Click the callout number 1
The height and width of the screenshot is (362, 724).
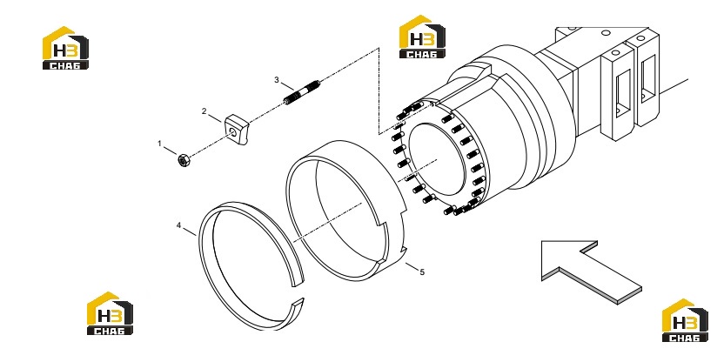click(x=160, y=144)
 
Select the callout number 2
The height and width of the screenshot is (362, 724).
click(x=204, y=111)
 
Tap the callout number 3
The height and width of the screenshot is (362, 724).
click(x=277, y=80)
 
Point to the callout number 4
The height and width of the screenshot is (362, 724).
click(x=178, y=225)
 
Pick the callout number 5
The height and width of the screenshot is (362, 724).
click(x=422, y=272)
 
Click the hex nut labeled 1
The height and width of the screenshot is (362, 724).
click(x=184, y=161)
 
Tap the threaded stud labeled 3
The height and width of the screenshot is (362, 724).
click(x=301, y=92)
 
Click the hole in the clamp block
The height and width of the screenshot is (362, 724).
click(x=233, y=133)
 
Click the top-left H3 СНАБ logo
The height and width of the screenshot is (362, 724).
click(x=65, y=48)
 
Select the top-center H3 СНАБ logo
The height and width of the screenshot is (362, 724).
click(x=422, y=37)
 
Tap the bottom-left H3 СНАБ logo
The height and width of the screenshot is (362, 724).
click(x=110, y=313)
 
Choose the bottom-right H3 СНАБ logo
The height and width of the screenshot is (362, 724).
click(x=685, y=320)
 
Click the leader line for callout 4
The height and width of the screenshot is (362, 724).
click(x=190, y=231)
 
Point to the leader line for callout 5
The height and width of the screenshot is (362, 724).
click(x=412, y=266)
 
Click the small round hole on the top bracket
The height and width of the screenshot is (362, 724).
click(x=606, y=32)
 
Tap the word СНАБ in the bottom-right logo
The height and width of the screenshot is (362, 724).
click(x=685, y=338)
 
